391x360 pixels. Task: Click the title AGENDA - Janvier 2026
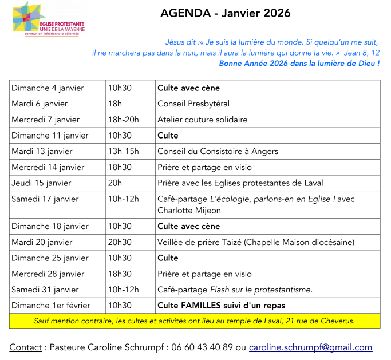pyautogui.click(x=225, y=13)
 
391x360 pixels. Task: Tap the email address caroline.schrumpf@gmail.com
pyautogui.click(x=310, y=347)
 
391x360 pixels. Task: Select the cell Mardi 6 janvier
pyautogui.click(x=40, y=104)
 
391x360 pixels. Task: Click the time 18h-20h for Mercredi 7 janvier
pyautogui.click(x=123, y=120)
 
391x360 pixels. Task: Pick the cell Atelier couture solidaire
pyautogui.click(x=202, y=120)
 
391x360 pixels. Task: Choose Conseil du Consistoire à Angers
pyautogui.click(x=218, y=151)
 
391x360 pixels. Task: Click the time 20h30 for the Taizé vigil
pyautogui.click(x=120, y=242)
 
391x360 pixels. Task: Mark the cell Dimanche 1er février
pyautogui.click(x=51, y=305)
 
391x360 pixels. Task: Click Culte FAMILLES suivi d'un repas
pyautogui.click(x=221, y=305)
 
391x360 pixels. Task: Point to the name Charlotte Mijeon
pyautogui.click(x=189, y=210)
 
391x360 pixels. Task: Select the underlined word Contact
pyautogui.click(x=25, y=347)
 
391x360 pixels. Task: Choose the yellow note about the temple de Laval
pyautogui.click(x=195, y=321)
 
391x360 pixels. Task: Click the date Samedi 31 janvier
pyautogui.click(x=45, y=290)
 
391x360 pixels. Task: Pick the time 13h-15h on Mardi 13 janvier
pyautogui.click(x=123, y=151)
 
